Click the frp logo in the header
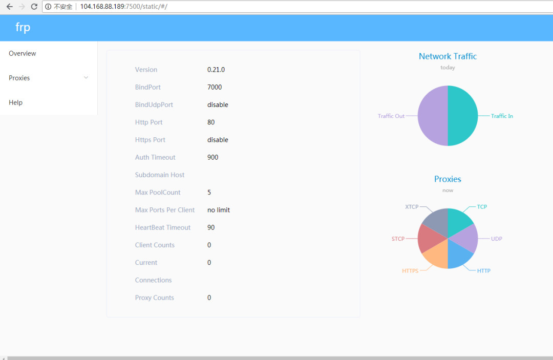23,28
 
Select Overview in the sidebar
23,53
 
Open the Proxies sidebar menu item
19,78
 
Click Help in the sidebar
16,102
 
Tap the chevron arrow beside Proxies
86,78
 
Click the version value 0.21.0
216,70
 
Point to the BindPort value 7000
215,87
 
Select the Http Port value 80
211,122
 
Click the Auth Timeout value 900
213,157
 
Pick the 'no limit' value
219,210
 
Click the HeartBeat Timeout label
163,227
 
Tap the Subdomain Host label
160,175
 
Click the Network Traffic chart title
448,56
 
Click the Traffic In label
502,116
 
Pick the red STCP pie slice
428,240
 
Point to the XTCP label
412,207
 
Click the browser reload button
34,7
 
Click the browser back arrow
9,7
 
